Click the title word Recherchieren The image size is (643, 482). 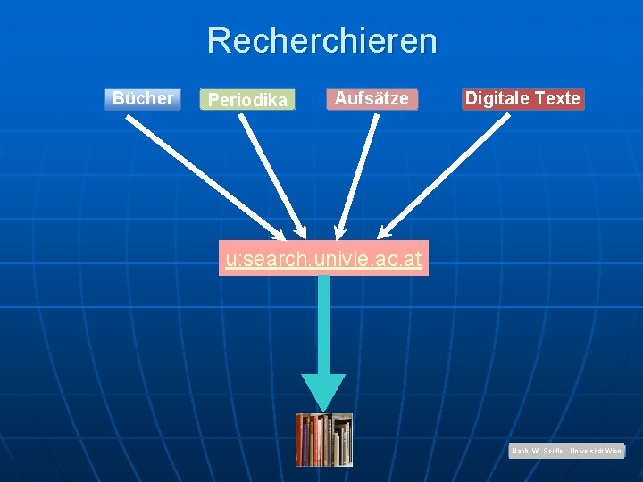[321, 41]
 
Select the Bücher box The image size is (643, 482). [143, 98]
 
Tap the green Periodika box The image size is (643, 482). [247, 100]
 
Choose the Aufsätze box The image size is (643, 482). [371, 98]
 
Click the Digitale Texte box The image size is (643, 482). [522, 98]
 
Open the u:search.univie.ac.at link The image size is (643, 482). [323, 260]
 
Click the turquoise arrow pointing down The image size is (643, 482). [323, 330]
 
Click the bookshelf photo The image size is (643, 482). [324, 439]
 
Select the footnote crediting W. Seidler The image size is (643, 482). [567, 452]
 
